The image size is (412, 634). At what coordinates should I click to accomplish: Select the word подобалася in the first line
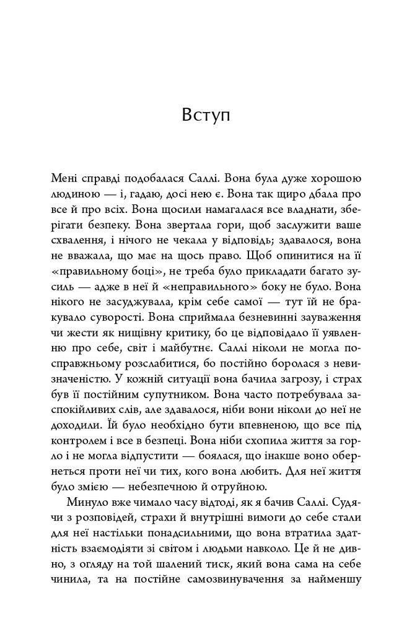(135, 176)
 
